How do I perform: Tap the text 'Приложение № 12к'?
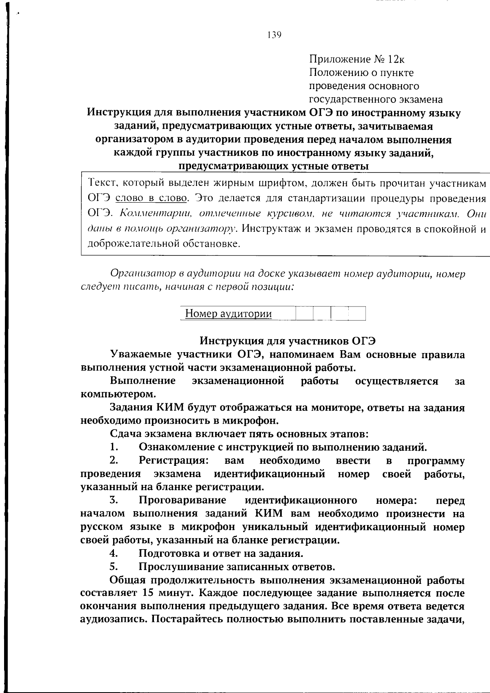(x=357, y=60)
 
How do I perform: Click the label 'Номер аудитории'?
(x=228, y=314)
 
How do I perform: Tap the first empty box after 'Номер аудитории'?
(x=304, y=314)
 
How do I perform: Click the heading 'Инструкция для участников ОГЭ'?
(x=287, y=341)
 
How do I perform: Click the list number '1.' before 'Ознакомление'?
(x=114, y=447)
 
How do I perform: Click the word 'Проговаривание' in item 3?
(x=183, y=501)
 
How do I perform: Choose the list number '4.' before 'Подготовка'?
(x=114, y=554)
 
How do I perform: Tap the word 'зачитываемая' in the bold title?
(x=393, y=127)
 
